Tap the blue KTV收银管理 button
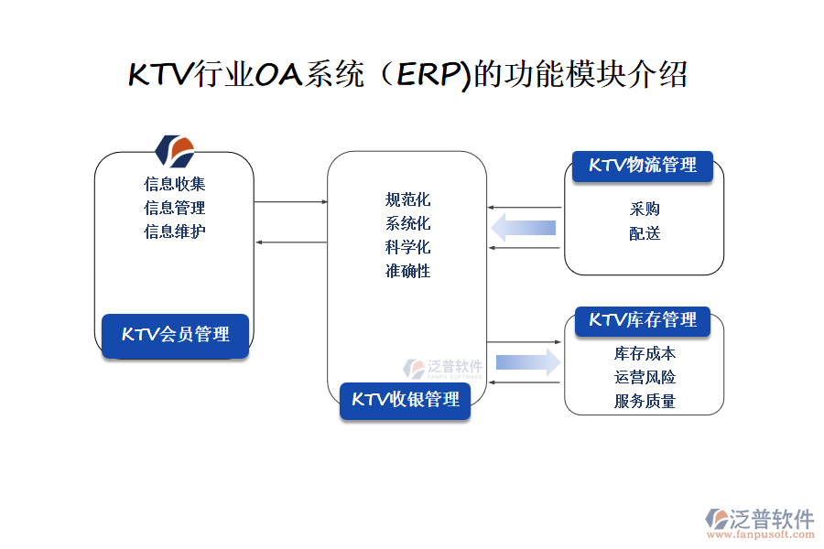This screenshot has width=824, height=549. coord(406,400)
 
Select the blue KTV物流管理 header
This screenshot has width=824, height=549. coord(643,166)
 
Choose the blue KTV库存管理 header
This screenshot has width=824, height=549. coord(643,320)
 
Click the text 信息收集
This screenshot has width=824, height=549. coord(174,184)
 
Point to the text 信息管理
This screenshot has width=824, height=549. coord(174,208)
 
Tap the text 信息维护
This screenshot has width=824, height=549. coord(174,231)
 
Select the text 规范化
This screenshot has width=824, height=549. coord(407,199)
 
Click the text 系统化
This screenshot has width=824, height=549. coord(407,223)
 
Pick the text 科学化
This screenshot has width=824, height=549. coord(407,247)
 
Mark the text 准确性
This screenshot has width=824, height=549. coord(407,271)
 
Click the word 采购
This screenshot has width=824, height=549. coord(645,210)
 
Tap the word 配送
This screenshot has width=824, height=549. coord(645,233)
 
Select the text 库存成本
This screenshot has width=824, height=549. coord(645,353)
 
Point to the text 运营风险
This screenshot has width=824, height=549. coord(645,377)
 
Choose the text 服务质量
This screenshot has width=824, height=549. coord(645,401)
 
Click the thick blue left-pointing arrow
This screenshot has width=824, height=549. coord(524,227)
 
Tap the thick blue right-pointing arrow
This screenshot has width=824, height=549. coord(528,362)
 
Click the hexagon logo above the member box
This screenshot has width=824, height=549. coord(175,149)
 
